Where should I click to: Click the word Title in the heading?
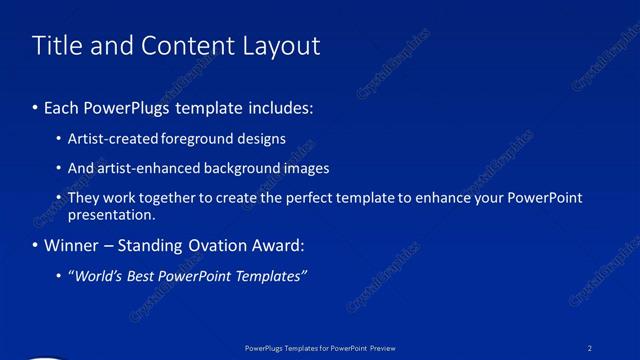click(x=56, y=46)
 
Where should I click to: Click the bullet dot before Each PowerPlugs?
click(x=37, y=106)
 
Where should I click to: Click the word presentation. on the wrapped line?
click(x=111, y=214)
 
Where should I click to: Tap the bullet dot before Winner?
click(x=37, y=245)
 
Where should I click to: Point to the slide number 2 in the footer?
click(x=591, y=348)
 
